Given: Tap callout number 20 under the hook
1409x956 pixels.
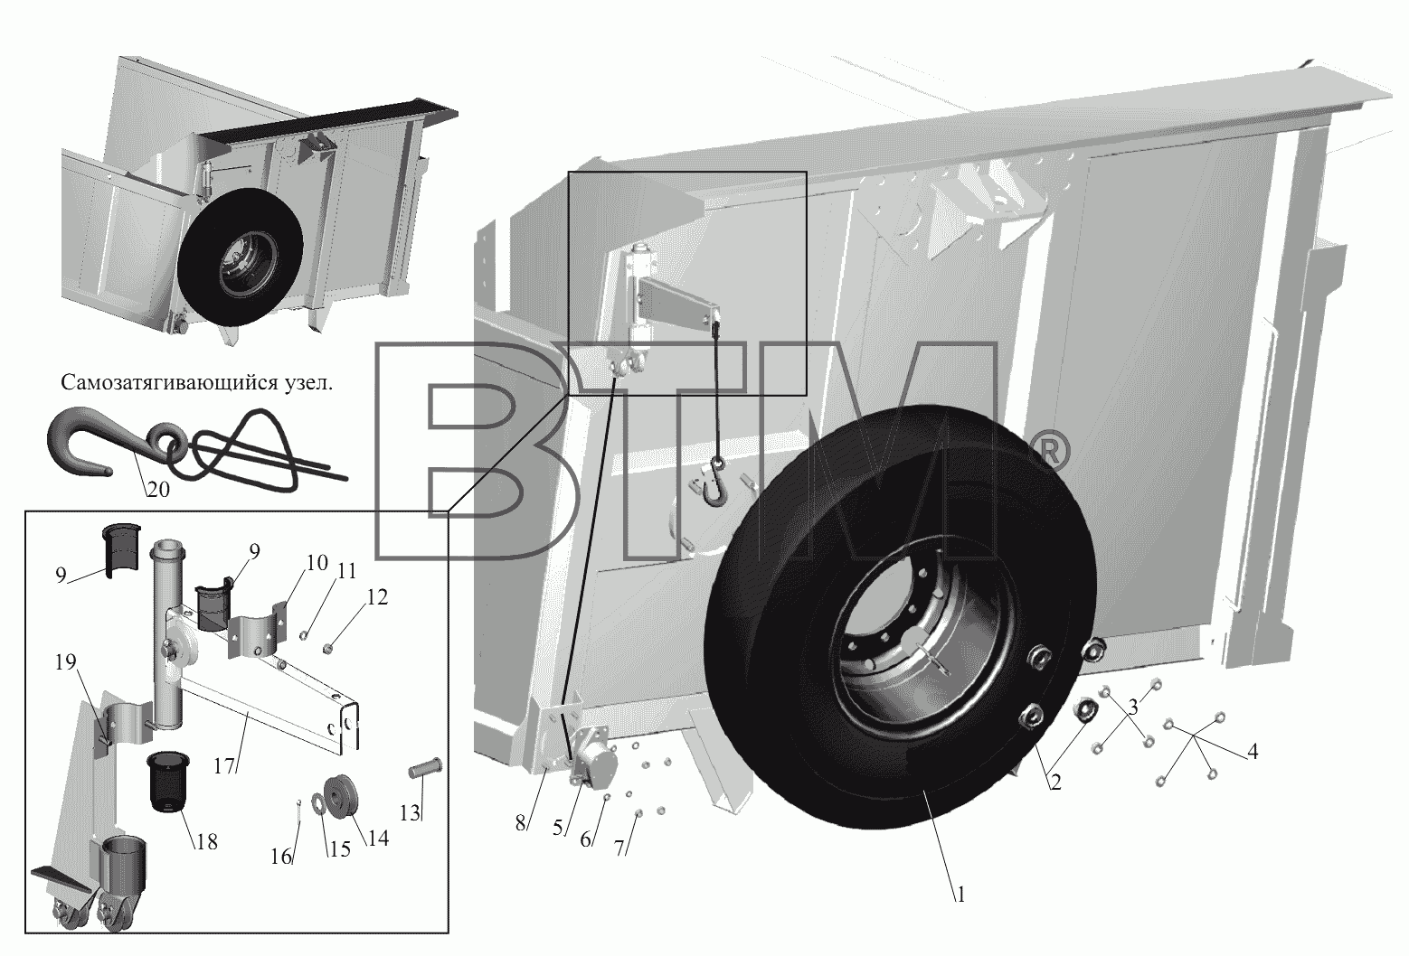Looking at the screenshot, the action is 158,489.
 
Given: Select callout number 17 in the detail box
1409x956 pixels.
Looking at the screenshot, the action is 224,766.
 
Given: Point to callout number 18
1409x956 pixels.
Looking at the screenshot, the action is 206,841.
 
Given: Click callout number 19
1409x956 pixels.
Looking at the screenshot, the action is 65,661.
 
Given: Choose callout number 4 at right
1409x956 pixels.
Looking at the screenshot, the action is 1253,751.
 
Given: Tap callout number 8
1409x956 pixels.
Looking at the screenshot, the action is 521,823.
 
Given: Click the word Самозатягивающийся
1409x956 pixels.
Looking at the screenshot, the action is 166,383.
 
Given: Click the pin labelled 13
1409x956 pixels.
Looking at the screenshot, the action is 426,768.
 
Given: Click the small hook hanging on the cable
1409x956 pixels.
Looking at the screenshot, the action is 716,483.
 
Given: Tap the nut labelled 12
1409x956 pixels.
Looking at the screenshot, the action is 327,648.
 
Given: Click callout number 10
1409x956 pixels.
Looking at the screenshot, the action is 317,563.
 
